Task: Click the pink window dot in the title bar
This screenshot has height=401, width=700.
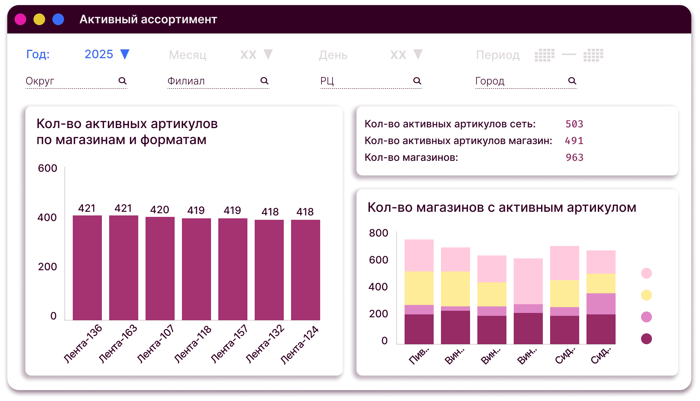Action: coord(20,19)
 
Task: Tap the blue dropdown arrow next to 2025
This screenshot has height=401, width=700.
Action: coord(125,54)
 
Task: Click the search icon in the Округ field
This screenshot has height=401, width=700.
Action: coord(123,81)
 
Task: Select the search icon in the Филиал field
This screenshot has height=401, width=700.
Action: coord(265,81)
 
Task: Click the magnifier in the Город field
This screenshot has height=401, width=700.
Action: coord(572,81)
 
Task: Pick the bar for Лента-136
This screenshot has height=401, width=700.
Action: coord(87,267)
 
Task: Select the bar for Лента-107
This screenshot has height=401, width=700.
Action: coord(160,268)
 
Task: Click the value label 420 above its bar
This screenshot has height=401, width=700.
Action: coord(160,210)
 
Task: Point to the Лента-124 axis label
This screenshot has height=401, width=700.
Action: coord(299,345)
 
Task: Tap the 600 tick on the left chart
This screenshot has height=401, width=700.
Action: coord(47,168)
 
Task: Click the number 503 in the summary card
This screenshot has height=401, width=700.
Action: coord(574,124)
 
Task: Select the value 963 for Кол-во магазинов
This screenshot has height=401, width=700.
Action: coord(574,158)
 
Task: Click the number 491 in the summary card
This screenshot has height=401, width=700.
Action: coord(574,141)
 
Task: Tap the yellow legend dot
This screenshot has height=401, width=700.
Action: coord(647,295)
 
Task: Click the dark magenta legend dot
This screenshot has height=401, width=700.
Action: coord(647,339)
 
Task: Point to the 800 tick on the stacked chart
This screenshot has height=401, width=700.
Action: coord(378,233)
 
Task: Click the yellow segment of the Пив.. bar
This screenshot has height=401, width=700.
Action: coord(419,288)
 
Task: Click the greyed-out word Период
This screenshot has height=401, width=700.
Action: coord(498,55)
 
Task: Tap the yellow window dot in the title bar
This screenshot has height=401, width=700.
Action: coord(39,19)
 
